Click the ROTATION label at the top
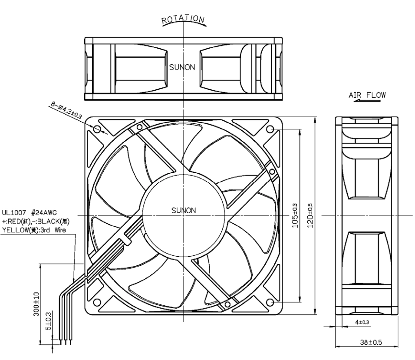click(183, 19)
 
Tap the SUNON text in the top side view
click(182, 67)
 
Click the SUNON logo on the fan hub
click(184, 211)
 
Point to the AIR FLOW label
click(367, 95)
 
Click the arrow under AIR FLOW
click(367, 101)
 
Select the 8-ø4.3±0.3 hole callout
click(66, 110)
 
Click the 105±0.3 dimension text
click(295, 215)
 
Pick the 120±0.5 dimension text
click(310, 215)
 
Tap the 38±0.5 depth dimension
click(371, 342)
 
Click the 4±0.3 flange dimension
click(362, 322)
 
